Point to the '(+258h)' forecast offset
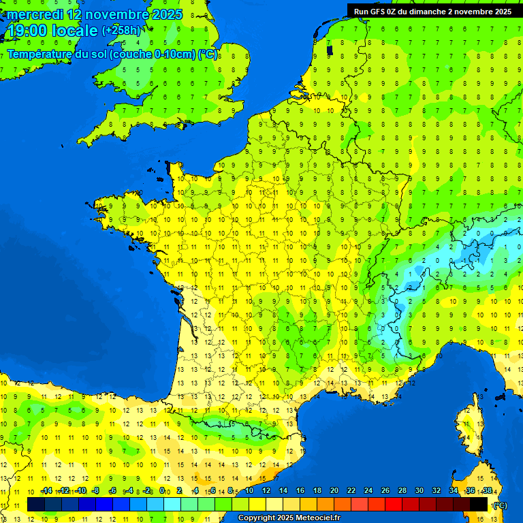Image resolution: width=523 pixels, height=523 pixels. coord(121,31)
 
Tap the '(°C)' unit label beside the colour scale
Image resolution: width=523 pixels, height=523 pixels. coord(500,505)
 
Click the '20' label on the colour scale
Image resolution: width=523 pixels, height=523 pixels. coord(334,490)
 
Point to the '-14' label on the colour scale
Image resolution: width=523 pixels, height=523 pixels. coord(46,490)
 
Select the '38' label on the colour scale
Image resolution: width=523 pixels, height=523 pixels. coord(487,490)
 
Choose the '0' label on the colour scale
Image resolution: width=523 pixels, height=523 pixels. coord(163,490)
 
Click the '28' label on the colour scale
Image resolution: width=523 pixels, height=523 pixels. coord(402,490)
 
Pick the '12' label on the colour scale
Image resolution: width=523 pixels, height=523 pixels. coord(266,490)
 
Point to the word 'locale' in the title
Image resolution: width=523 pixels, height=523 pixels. coord(76,31)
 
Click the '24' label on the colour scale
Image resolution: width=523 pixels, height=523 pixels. coord(368,490)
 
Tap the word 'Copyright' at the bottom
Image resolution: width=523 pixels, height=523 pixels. coord(257,518)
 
